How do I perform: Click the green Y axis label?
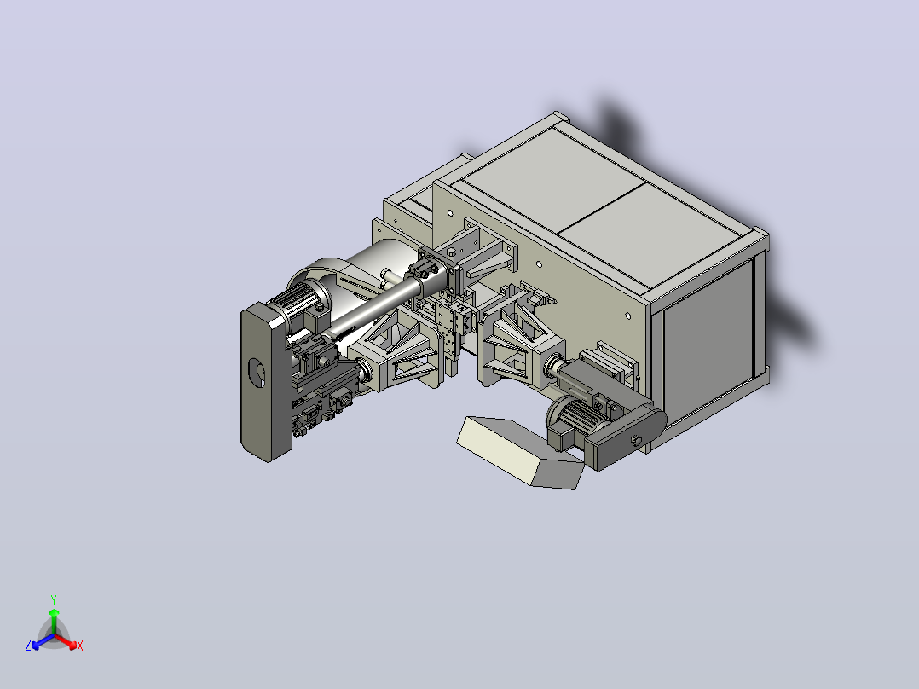pyautogui.click(x=54, y=599)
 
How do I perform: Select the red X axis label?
pyautogui.click(x=80, y=646)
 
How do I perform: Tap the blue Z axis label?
pyautogui.click(x=28, y=645)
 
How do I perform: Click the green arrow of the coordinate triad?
pyautogui.click(x=54, y=622)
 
